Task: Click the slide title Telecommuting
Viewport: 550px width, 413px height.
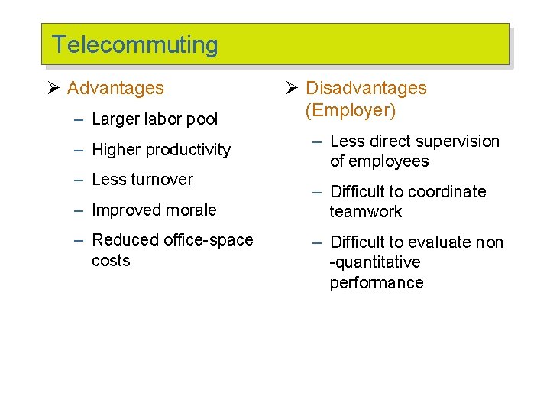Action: [134, 45]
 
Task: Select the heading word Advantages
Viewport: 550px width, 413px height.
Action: [115, 88]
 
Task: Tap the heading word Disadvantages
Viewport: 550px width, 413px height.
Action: [366, 88]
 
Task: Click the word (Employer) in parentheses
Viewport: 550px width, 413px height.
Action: [351, 110]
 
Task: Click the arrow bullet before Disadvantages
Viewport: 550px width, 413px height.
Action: [293, 88]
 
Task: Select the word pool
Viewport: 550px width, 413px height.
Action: [201, 119]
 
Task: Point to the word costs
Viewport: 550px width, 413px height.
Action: [111, 261]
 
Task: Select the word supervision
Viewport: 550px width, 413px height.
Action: [458, 141]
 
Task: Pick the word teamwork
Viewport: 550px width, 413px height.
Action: [366, 212]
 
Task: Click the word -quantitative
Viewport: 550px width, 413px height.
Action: [375, 262]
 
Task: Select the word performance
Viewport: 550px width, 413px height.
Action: [377, 283]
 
